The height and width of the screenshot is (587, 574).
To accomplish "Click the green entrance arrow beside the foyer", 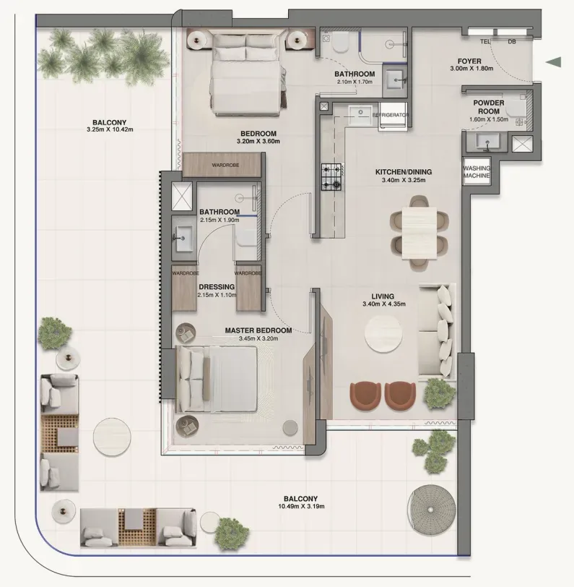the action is click(554, 62).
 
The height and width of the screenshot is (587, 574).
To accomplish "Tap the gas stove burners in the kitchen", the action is click(332, 176).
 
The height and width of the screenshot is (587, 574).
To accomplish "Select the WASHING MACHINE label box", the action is click(477, 171).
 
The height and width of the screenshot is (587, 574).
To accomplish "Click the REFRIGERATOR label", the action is click(391, 115).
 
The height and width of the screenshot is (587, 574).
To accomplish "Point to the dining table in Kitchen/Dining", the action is click(419, 233).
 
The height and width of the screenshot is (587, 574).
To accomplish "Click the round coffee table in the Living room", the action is click(383, 335).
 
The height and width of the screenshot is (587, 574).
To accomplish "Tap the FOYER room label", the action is click(469, 61).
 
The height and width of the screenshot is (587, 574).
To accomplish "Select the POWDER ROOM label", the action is click(489, 107).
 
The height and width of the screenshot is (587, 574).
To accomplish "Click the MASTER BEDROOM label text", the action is click(258, 330).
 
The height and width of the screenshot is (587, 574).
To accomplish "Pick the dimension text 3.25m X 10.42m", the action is click(110, 129).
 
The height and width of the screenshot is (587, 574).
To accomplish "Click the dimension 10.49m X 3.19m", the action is click(301, 507).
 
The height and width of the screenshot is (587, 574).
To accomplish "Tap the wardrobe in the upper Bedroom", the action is click(222, 165).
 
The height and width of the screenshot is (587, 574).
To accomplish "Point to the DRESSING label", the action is click(217, 287).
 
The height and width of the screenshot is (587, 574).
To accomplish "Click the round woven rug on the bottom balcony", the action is click(432, 510).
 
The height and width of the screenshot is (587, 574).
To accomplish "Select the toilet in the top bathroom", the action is click(341, 41).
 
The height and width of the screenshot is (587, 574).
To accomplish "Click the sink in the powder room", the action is click(487, 142).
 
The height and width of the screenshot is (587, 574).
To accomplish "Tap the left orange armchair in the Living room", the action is click(365, 396).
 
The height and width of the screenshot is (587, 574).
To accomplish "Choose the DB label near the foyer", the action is click(512, 41).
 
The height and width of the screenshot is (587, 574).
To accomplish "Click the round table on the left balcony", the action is click(112, 437).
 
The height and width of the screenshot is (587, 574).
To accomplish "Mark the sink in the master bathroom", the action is click(184, 238).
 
